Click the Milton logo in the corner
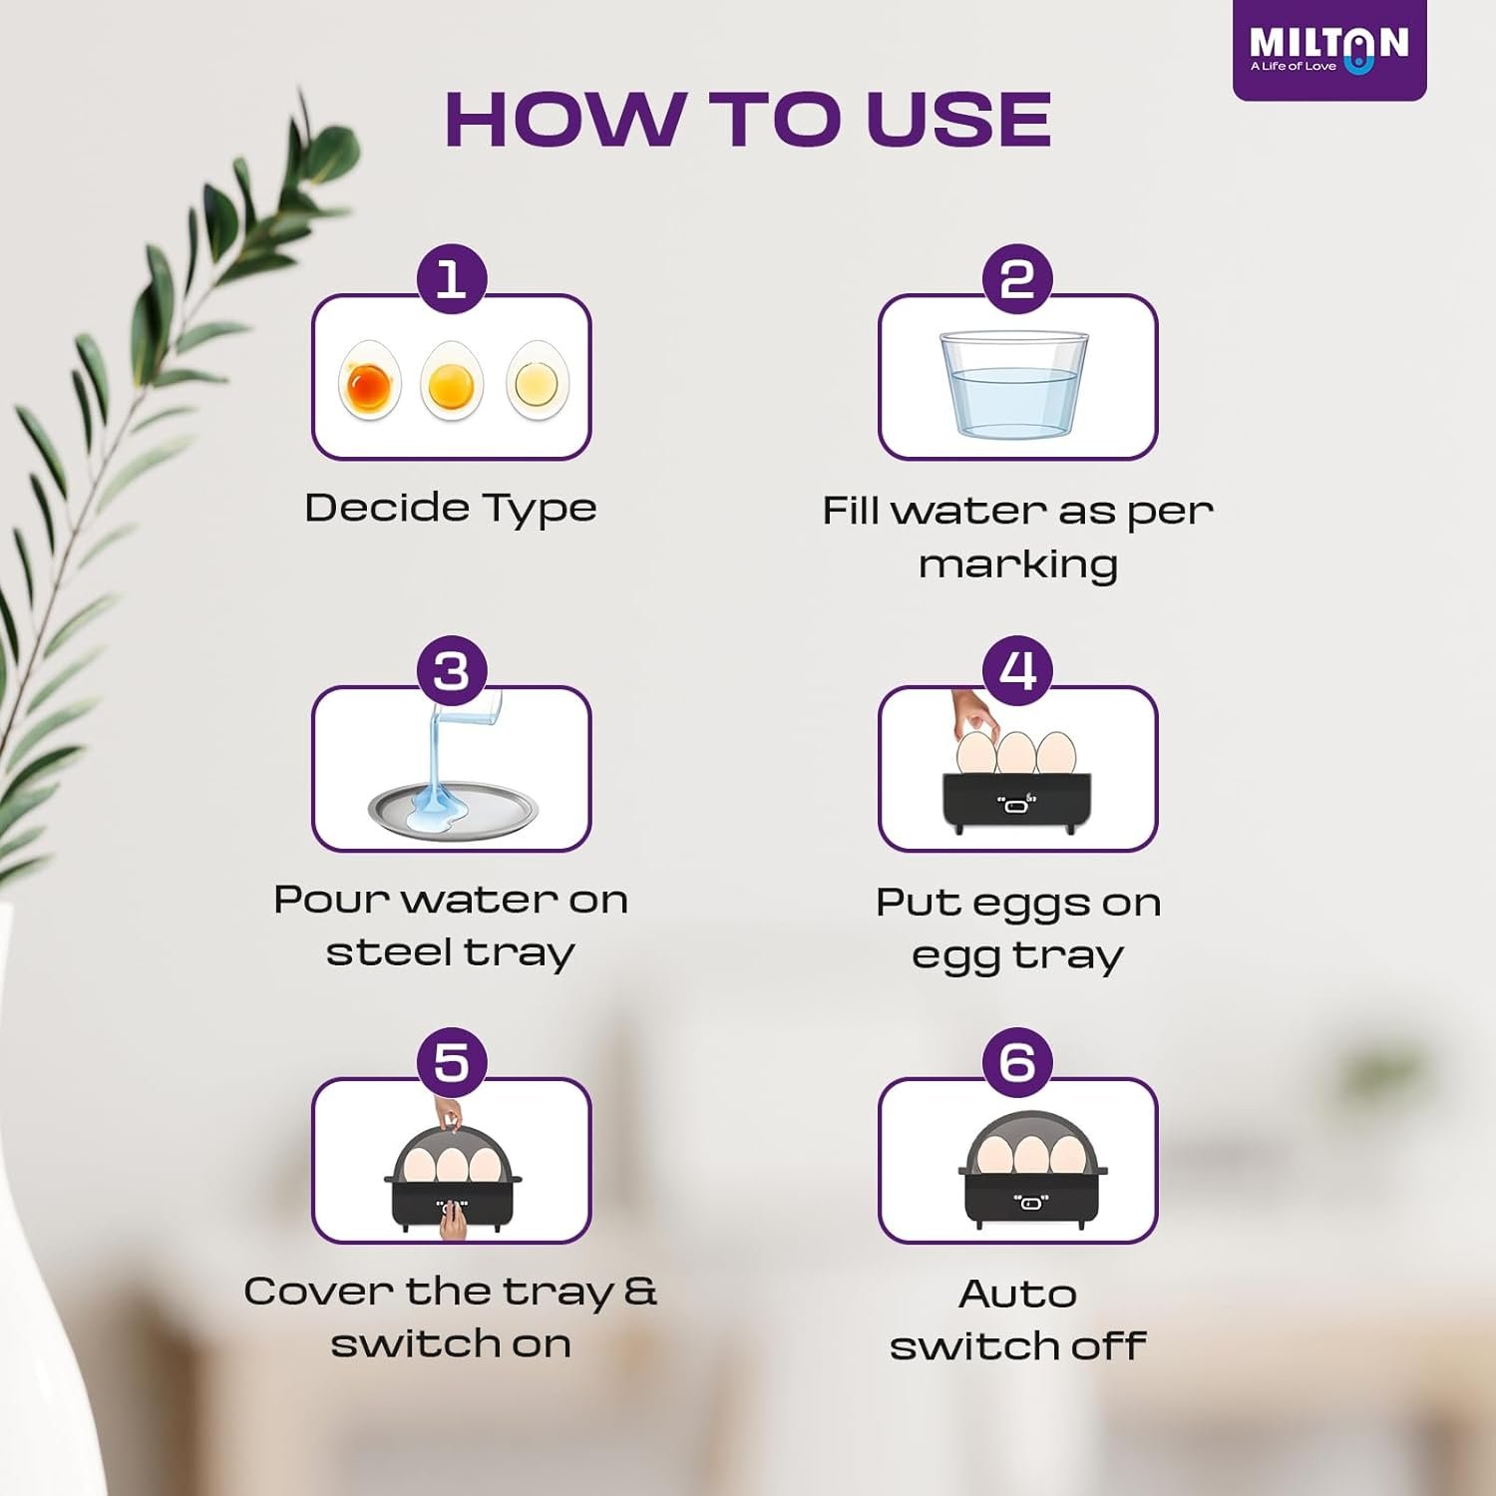tap(1329, 49)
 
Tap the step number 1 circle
tap(452, 278)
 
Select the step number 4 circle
tap(1018, 670)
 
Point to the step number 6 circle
tap(1018, 1062)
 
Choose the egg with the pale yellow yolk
tap(537, 380)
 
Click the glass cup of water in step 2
tap(1013, 385)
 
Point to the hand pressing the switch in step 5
tap(454, 1220)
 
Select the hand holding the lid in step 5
tap(450, 1112)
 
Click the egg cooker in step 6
tap(1033, 1173)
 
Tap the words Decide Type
tap(451, 509)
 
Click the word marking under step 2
tap(1018, 565)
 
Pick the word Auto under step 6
tap(1018, 1294)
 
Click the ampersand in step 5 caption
tap(640, 1291)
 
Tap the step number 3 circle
tap(452, 670)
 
